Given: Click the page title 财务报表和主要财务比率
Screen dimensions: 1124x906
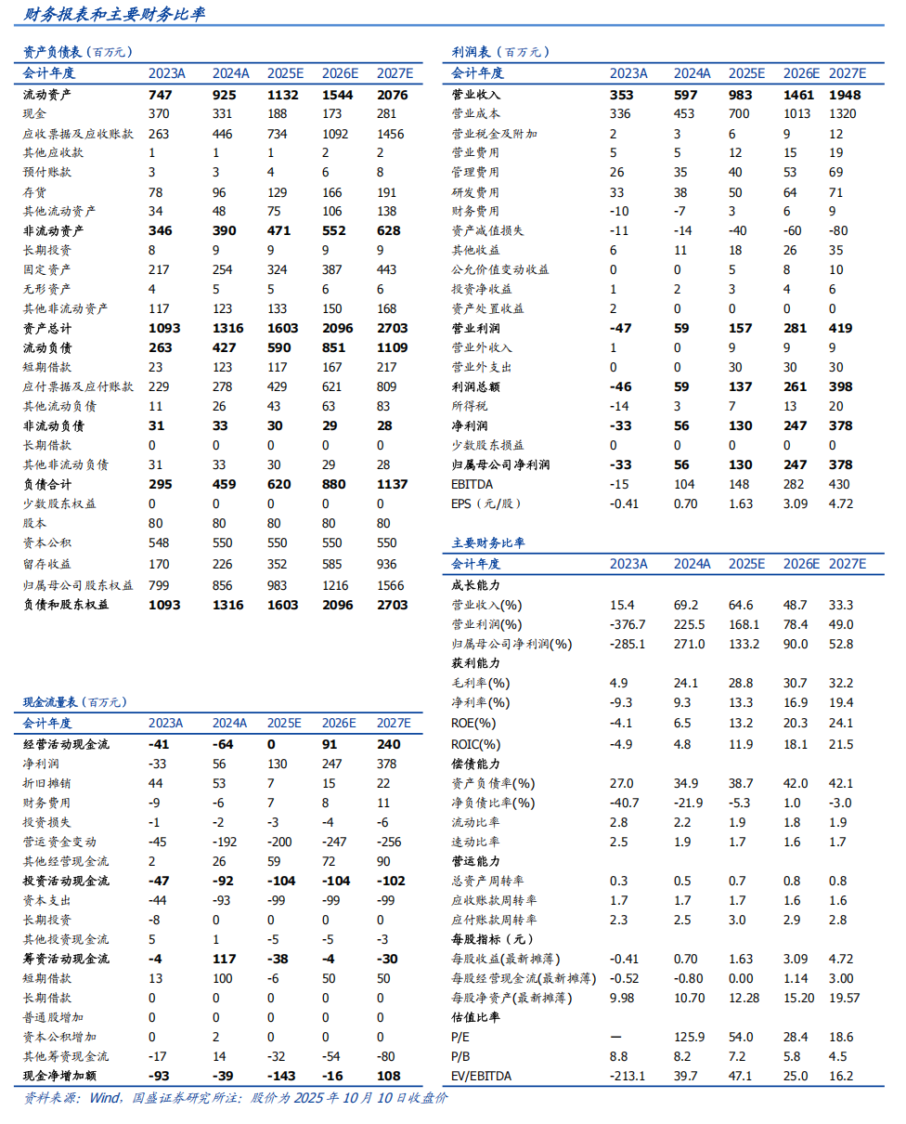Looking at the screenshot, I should [x=116, y=14].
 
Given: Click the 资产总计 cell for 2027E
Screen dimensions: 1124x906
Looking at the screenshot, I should [x=391, y=329].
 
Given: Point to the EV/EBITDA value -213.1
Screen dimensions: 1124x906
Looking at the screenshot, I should [x=628, y=1076].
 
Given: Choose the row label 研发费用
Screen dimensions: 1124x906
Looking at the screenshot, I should [x=475, y=192].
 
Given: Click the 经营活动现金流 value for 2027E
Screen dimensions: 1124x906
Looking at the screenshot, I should [x=390, y=744].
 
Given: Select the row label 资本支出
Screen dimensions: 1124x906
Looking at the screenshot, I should [x=46, y=900].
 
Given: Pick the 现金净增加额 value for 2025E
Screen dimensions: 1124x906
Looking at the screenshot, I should [x=279, y=1076].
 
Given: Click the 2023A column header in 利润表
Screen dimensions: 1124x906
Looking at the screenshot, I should [x=628, y=73].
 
